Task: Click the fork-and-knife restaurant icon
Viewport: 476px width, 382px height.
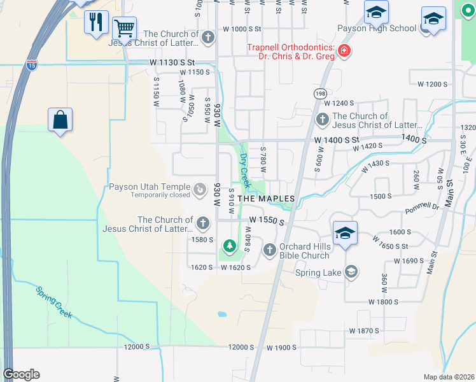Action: pyautogui.click(x=96, y=22)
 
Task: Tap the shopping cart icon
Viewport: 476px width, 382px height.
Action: pyautogui.click(x=124, y=28)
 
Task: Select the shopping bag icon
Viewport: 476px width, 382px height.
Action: pyautogui.click(x=60, y=119)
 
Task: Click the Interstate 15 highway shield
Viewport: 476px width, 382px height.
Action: pyautogui.click(x=32, y=65)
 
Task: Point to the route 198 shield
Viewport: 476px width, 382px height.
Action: pyautogui.click(x=319, y=94)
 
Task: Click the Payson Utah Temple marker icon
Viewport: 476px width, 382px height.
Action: pyautogui.click(x=200, y=189)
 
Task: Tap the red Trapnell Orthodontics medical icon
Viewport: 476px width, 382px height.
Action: pyautogui.click(x=344, y=50)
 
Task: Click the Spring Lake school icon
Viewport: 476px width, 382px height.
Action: pyautogui.click(x=350, y=272)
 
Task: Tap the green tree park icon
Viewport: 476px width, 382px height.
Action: pyautogui.click(x=228, y=245)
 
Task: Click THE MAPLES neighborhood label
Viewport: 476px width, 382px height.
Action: pyautogui.click(x=266, y=199)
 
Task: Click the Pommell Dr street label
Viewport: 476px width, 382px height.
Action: pyautogui.click(x=422, y=207)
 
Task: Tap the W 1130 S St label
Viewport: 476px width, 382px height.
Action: pyautogui.click(x=171, y=62)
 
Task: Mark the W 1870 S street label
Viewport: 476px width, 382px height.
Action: pyautogui.click(x=364, y=331)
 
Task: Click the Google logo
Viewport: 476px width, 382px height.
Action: pyautogui.click(x=21, y=374)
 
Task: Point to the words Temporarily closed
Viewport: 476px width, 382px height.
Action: pyautogui.click(x=160, y=195)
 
